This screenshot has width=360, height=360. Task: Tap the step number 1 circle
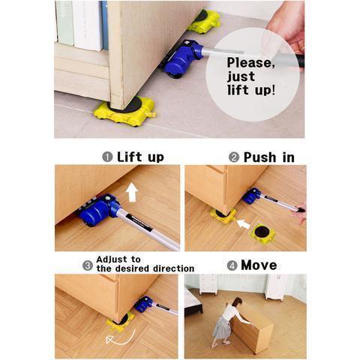(107, 157)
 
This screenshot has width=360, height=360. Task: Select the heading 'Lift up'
(140, 157)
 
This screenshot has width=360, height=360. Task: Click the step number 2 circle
(234, 157)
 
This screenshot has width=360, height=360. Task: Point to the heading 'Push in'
(267, 157)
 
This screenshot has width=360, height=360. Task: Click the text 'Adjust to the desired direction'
(143, 263)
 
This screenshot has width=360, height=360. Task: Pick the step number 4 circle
(232, 265)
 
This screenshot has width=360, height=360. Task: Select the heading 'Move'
(259, 265)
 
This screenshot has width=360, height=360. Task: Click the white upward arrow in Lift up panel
(132, 192)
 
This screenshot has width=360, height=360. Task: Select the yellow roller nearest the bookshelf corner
(125, 110)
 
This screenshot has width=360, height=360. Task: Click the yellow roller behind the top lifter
(204, 20)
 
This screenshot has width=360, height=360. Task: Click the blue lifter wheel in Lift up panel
(95, 214)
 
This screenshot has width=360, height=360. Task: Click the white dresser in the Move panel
(208, 283)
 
